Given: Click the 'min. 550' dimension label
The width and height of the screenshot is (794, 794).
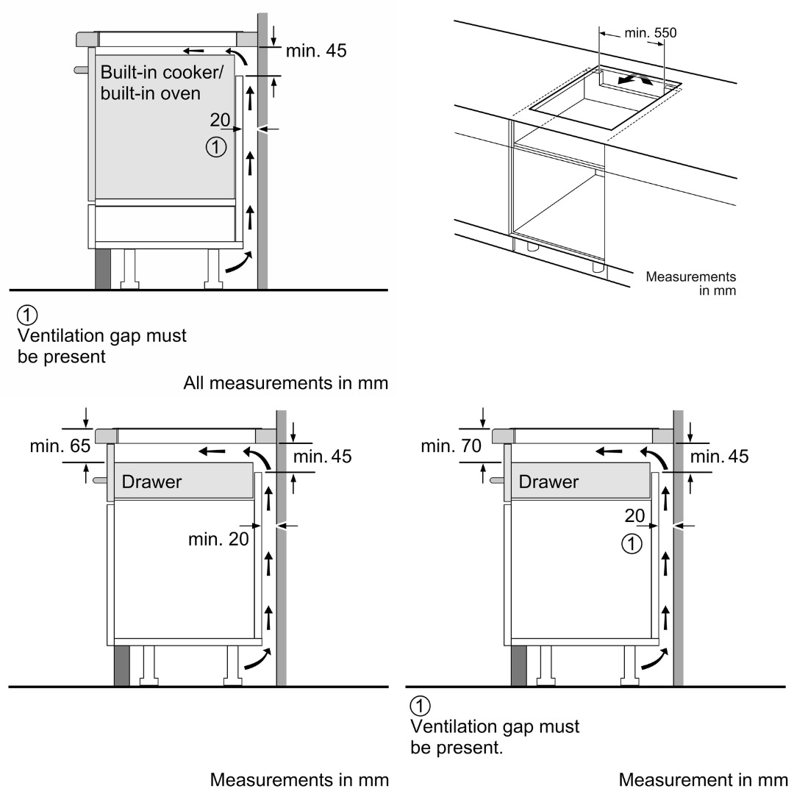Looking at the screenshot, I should click(x=650, y=33).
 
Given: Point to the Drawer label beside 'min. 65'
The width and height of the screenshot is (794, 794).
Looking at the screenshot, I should click(x=151, y=482).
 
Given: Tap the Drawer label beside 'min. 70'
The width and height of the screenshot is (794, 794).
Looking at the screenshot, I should click(x=548, y=482).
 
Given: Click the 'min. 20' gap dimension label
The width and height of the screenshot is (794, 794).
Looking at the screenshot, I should click(x=218, y=539).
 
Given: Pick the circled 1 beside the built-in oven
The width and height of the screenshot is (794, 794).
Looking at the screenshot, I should click(x=215, y=148).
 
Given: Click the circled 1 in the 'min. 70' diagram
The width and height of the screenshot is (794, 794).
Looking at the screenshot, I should click(x=632, y=545).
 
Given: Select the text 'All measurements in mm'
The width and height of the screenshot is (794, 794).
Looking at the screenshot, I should click(x=285, y=383).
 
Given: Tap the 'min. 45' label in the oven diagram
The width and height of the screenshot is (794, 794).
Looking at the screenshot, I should click(x=316, y=51).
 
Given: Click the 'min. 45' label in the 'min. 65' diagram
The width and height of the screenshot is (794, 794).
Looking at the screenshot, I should click(x=322, y=457).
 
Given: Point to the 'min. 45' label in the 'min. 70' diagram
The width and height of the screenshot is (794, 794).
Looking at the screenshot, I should click(x=719, y=457).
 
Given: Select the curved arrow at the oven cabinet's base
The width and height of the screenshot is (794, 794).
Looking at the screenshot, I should click(x=238, y=263).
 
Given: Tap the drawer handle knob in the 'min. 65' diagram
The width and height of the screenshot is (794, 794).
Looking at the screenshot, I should click(x=99, y=480).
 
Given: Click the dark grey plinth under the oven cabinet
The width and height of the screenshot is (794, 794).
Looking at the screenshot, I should click(x=102, y=269).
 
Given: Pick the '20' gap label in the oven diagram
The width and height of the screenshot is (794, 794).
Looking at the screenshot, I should click(x=220, y=120).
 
